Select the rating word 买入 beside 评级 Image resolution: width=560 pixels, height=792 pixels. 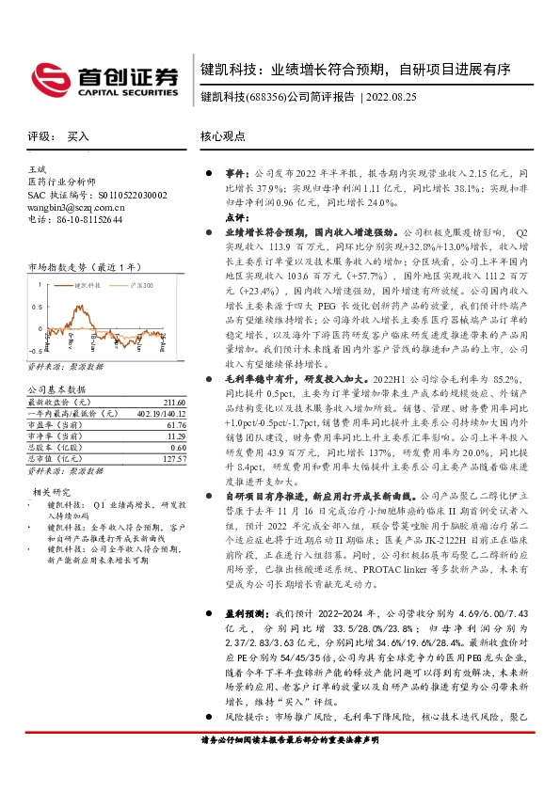(x=78, y=136)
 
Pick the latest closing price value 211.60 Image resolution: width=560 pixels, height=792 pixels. (x=175, y=403)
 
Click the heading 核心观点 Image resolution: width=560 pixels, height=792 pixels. (x=223, y=136)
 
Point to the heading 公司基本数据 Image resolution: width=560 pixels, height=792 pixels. (x=56, y=389)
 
